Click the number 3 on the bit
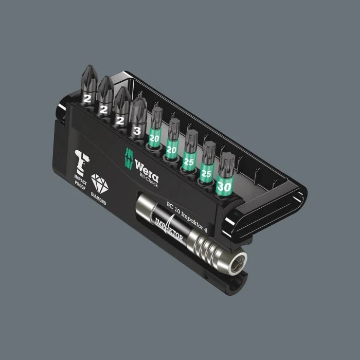[137, 131]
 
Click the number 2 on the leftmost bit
[88, 96]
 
